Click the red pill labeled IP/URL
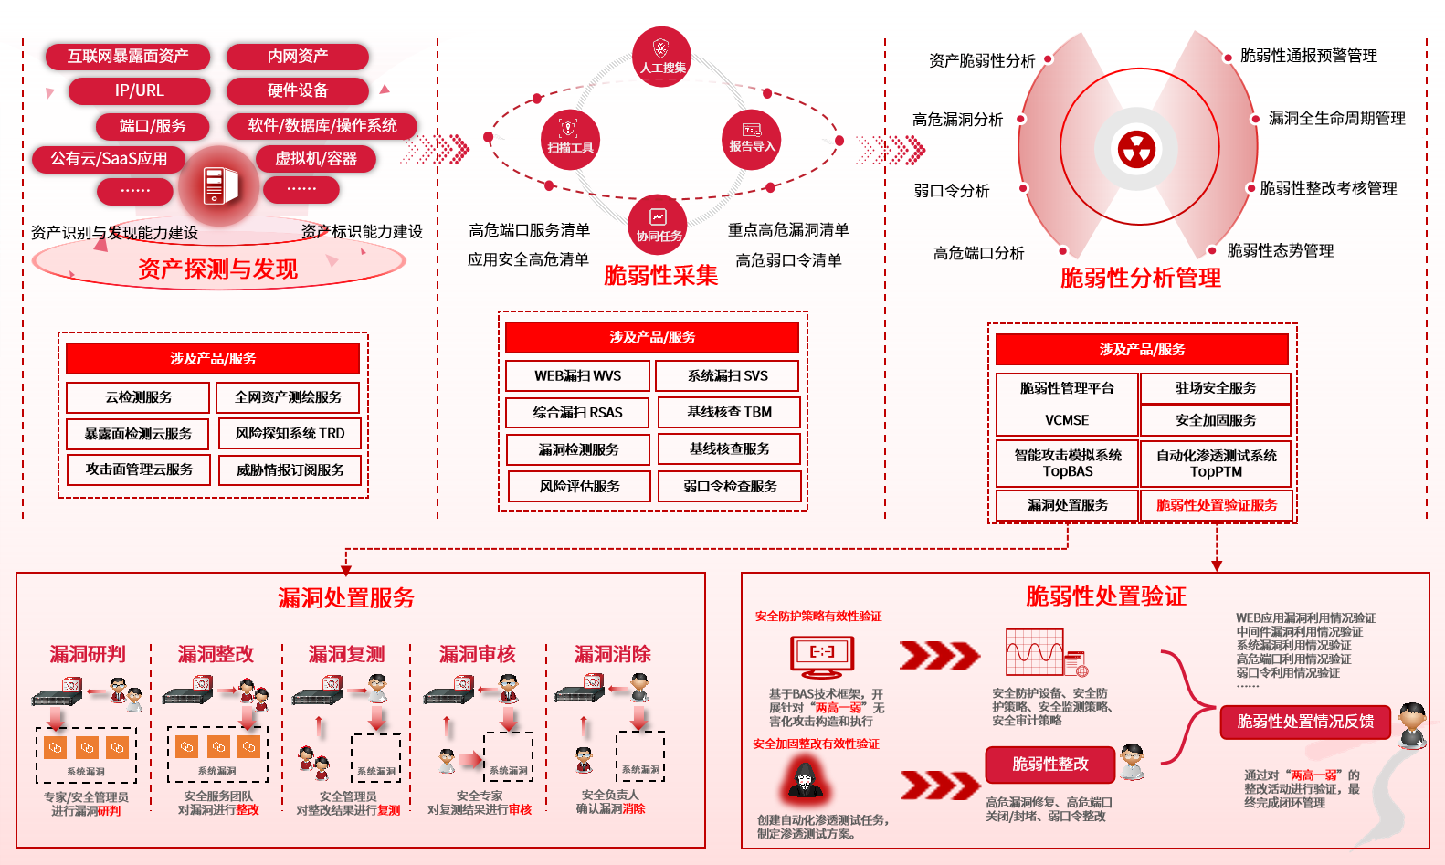click(x=139, y=90)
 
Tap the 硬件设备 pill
click(x=297, y=90)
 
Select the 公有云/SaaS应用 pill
click(x=109, y=159)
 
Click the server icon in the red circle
click(x=217, y=185)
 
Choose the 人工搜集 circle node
click(x=662, y=57)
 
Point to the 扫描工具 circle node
click(x=570, y=140)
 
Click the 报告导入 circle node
click(x=751, y=139)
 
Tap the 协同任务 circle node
click(x=659, y=224)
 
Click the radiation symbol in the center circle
click(x=1137, y=149)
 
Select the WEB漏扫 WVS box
click(x=578, y=375)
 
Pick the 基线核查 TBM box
click(x=729, y=412)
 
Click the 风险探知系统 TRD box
click(x=290, y=433)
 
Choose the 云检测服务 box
click(x=138, y=397)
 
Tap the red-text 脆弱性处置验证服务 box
click(x=1217, y=505)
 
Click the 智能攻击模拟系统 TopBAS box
click(x=1068, y=463)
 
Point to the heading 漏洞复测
click(x=346, y=654)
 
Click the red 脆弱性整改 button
click(x=1050, y=765)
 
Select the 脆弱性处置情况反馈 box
click(x=1305, y=722)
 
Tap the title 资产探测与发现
click(x=217, y=269)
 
